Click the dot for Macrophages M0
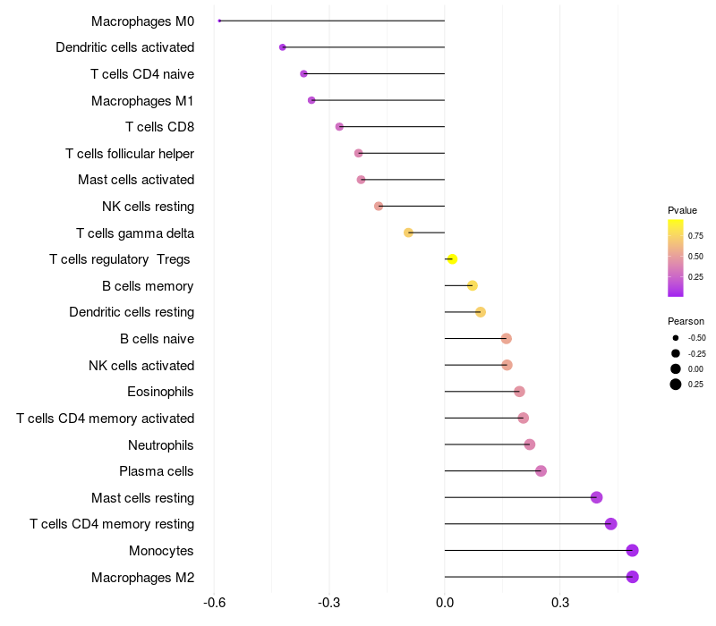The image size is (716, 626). tap(219, 21)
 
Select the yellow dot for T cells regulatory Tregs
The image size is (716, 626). tap(452, 259)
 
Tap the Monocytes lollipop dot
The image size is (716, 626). tap(633, 550)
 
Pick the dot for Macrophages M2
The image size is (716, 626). tap(633, 577)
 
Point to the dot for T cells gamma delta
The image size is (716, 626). tap(408, 233)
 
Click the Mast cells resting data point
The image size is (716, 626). tap(596, 497)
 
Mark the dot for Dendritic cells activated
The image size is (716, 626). tap(283, 47)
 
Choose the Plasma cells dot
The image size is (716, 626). tap(541, 471)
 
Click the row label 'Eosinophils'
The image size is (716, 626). tap(160, 392)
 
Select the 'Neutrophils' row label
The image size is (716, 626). tap(161, 445)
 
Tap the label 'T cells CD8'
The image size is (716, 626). tap(160, 127)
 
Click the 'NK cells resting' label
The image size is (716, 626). tap(148, 207)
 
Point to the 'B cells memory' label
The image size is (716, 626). tap(148, 286)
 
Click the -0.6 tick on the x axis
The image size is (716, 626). tap(214, 603)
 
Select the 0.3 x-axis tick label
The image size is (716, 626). tap(560, 603)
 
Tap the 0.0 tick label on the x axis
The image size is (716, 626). tap(445, 603)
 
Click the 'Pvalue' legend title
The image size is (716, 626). tap(682, 210)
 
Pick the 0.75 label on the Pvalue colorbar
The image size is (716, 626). tap(695, 236)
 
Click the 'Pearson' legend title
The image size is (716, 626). tap(686, 321)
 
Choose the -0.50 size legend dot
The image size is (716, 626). tap(676, 338)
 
